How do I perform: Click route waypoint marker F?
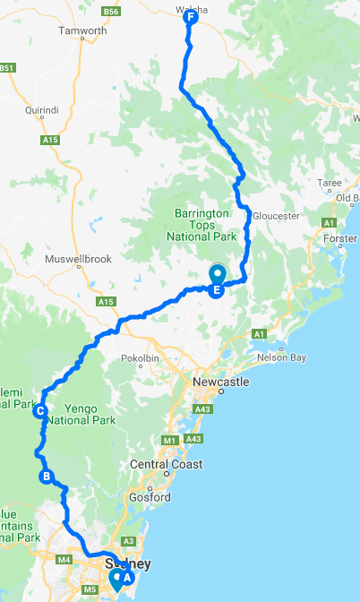point(190,17)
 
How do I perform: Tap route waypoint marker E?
point(216,289)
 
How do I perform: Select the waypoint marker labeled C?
point(40,412)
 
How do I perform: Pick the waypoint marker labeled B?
point(46,477)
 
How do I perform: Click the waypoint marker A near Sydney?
point(126,578)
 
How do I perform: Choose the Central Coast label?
point(167,464)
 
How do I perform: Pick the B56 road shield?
point(111,11)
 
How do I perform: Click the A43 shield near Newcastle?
point(202,409)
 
